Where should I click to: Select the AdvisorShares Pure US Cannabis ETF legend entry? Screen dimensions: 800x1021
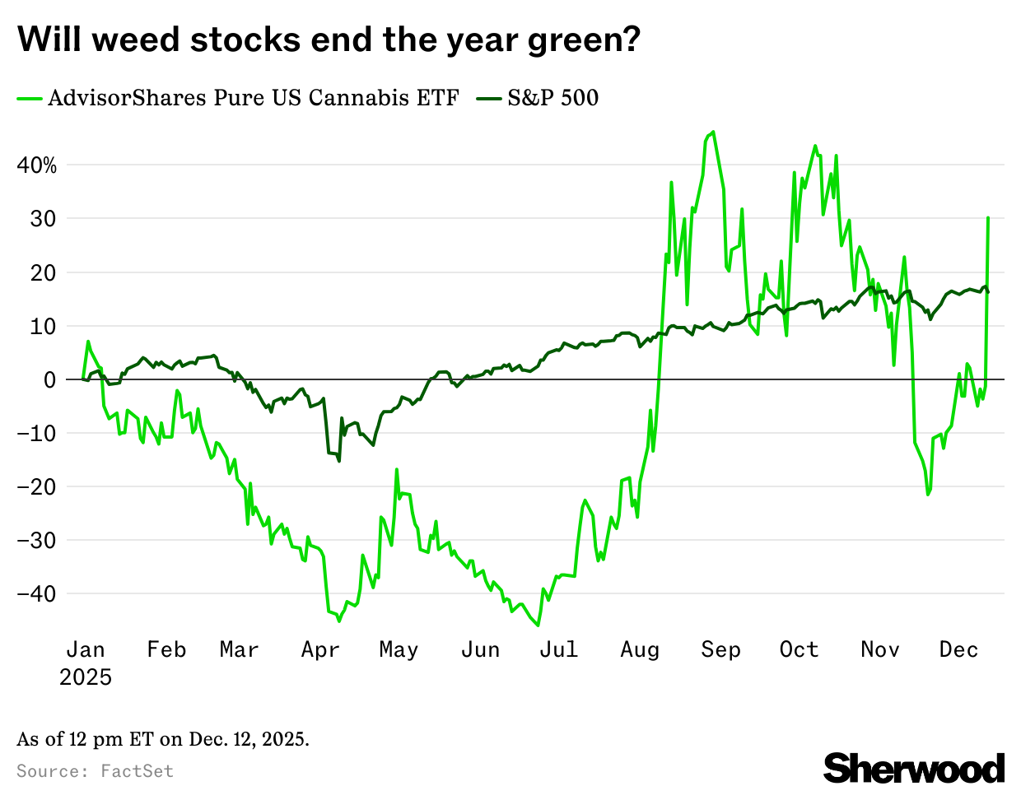(238, 98)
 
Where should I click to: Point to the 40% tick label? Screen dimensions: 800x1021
(37, 165)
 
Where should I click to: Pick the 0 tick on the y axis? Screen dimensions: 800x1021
(51, 380)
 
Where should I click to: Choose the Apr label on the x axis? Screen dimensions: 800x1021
(320, 650)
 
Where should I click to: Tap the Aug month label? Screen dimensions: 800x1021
(640, 650)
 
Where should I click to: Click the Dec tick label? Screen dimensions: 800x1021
(958, 650)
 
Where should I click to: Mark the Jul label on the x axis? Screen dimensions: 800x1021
(558, 650)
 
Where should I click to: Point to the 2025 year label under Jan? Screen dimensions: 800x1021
(86, 677)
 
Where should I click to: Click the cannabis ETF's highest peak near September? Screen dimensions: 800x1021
(712, 132)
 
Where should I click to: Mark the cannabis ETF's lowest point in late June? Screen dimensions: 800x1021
(538, 625)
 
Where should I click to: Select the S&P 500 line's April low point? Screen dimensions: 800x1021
(339, 461)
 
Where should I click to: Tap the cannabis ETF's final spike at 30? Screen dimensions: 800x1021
(988, 218)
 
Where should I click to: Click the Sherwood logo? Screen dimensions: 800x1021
(914, 768)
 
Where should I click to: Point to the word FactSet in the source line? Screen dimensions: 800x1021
(137, 771)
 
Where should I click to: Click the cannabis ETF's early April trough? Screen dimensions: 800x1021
(339, 621)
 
